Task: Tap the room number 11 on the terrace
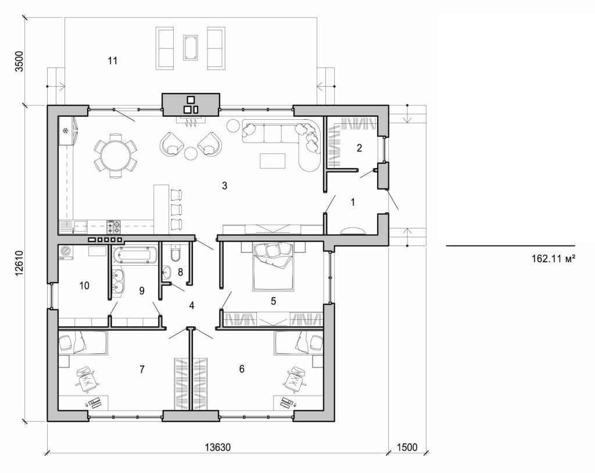113,60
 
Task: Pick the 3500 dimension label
19,61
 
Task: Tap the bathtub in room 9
134,255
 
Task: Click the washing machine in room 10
66,252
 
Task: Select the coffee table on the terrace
190,47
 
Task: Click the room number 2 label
360,148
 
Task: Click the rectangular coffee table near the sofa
273,160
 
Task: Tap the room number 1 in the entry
353,202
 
